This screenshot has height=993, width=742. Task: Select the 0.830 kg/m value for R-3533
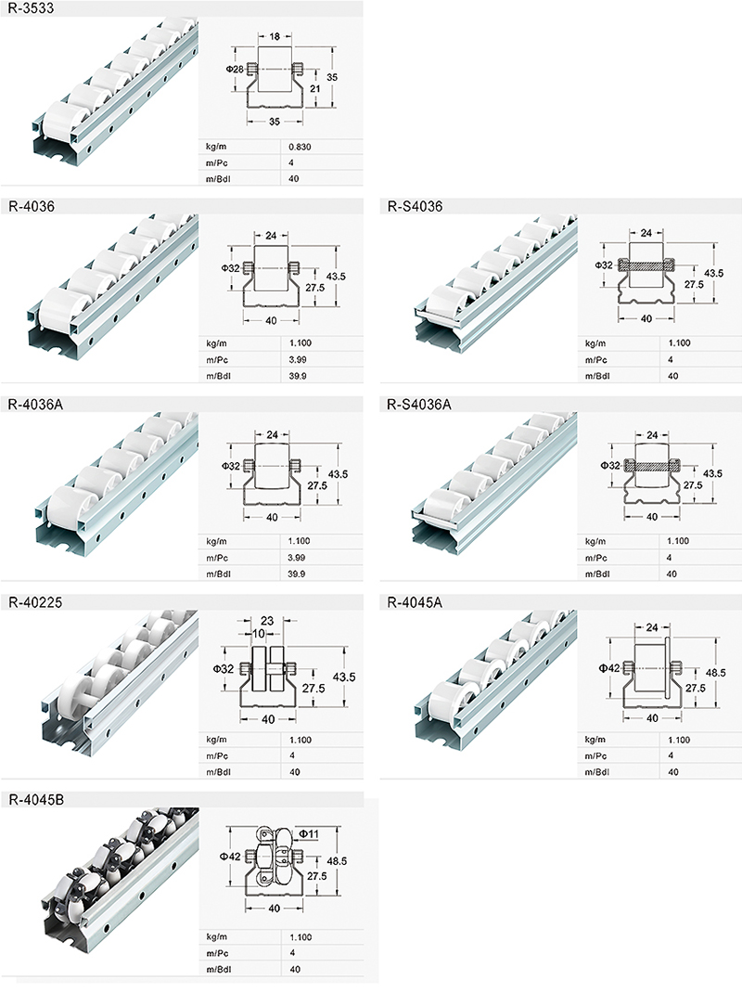(301, 148)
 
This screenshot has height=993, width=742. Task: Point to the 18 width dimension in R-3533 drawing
(275, 36)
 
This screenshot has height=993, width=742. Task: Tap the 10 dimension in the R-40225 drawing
(258, 634)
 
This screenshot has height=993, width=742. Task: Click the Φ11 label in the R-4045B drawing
(309, 834)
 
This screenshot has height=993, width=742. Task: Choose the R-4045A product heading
(412, 602)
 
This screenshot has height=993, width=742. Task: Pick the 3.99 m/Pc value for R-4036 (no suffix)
(299, 359)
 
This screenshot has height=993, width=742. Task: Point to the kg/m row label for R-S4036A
(594, 540)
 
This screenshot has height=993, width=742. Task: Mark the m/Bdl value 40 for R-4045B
(295, 970)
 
